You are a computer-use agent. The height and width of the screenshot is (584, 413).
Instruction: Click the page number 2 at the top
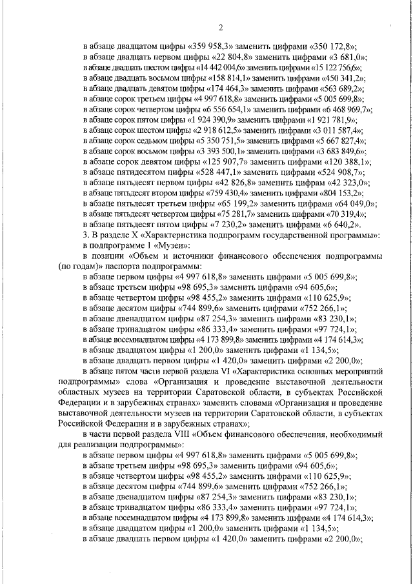coord(220,27)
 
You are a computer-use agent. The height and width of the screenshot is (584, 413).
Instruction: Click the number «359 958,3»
coord(212,46)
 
